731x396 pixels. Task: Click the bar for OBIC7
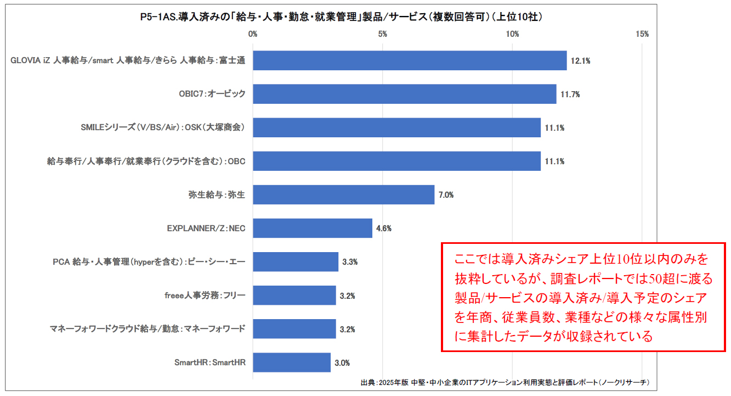405,94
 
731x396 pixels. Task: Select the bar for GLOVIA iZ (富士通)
410,60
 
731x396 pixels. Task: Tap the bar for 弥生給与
343,194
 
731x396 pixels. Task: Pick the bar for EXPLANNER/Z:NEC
313,228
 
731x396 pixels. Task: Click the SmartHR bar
292,362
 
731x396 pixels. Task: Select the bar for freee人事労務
294,295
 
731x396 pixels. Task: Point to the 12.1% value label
580,61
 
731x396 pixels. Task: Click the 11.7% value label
570,94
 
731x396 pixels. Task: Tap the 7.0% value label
446,195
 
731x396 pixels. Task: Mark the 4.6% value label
383,228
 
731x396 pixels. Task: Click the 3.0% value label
342,363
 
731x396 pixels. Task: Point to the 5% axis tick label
383,34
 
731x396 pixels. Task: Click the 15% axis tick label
642,34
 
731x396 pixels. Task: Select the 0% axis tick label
253,34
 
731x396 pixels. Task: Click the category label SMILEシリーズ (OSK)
163,127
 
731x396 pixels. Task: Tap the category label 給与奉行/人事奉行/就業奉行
146,161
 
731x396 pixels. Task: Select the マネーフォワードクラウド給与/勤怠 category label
148,329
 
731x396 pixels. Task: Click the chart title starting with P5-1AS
341,17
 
